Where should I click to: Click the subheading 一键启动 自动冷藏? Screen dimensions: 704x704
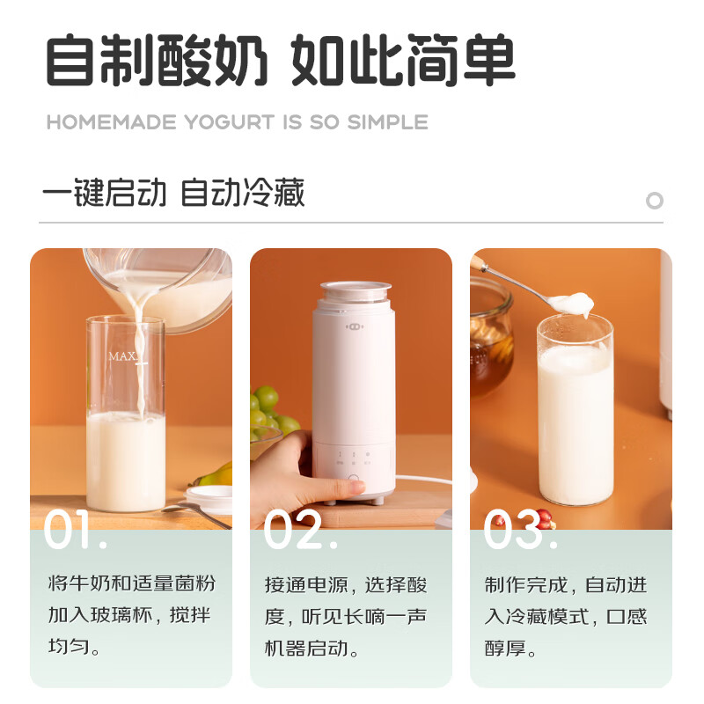pyautogui.click(x=172, y=194)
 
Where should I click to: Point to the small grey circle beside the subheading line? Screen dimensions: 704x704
pyautogui.click(x=654, y=201)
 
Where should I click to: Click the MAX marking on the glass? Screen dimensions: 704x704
pyautogui.click(x=122, y=356)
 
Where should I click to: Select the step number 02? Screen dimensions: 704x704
pyautogui.click(x=299, y=530)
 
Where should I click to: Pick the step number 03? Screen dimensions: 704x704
pyautogui.click(x=519, y=530)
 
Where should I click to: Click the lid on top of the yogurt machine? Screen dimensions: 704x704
pyautogui.click(x=355, y=291)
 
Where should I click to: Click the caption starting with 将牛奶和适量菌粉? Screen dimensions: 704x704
pyautogui.click(x=130, y=616)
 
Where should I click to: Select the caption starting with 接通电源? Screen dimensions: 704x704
pyautogui.click(x=350, y=616)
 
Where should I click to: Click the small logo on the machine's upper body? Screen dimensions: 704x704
pyautogui.click(x=354, y=326)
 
